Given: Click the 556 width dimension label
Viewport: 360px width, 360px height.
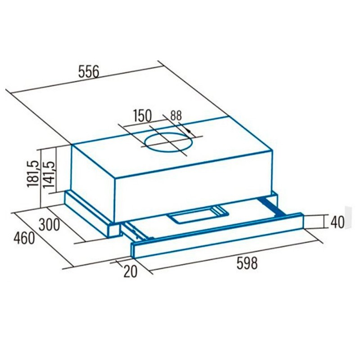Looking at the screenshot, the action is [89, 72].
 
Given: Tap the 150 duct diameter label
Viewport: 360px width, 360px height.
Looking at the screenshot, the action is [142, 116].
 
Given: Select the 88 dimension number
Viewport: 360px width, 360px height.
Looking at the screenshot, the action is [176, 116].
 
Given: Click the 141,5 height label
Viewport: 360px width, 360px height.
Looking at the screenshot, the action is [49, 175].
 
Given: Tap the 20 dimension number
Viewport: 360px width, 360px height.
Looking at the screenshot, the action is [130, 271].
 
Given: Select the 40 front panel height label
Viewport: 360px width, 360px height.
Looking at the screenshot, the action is [337, 222].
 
